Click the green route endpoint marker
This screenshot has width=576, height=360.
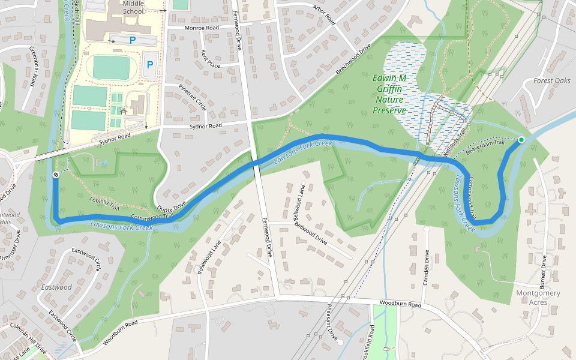coord(521,140)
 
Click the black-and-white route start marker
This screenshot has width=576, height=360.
coord(55,175)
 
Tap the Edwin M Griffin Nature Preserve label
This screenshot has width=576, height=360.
coord(389,94)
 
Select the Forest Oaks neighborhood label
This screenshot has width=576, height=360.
coord(552,80)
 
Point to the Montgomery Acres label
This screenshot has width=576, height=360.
coord(538,298)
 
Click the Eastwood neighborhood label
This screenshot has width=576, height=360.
coord(56,287)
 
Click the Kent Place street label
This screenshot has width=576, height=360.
coord(211,58)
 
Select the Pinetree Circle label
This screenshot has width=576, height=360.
coord(192,97)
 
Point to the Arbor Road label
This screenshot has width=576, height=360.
coord(323,16)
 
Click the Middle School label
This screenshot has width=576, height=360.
coord(133,7)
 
